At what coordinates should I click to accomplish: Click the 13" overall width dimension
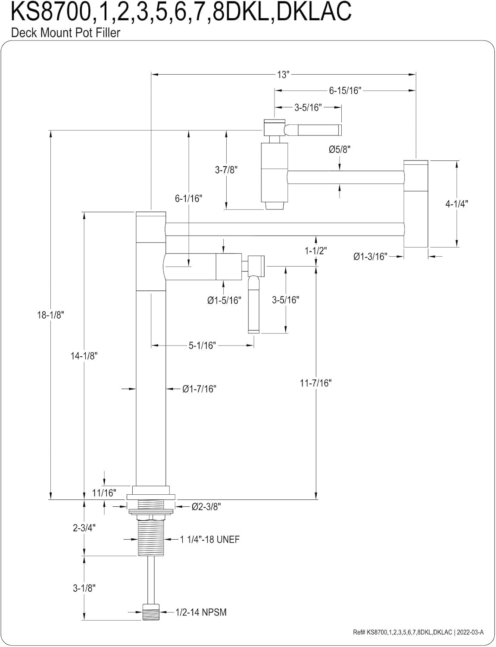(283, 75)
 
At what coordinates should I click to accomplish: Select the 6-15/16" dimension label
(345, 90)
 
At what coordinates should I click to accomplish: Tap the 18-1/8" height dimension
(50, 315)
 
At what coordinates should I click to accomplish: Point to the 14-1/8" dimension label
(84, 355)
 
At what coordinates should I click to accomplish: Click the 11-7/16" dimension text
(315, 383)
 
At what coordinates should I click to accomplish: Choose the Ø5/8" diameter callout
(340, 149)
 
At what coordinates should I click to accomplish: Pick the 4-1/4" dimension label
(456, 204)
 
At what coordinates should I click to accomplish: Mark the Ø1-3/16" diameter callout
(370, 256)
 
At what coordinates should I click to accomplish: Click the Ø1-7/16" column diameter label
(199, 389)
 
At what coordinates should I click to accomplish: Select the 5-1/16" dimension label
(202, 345)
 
